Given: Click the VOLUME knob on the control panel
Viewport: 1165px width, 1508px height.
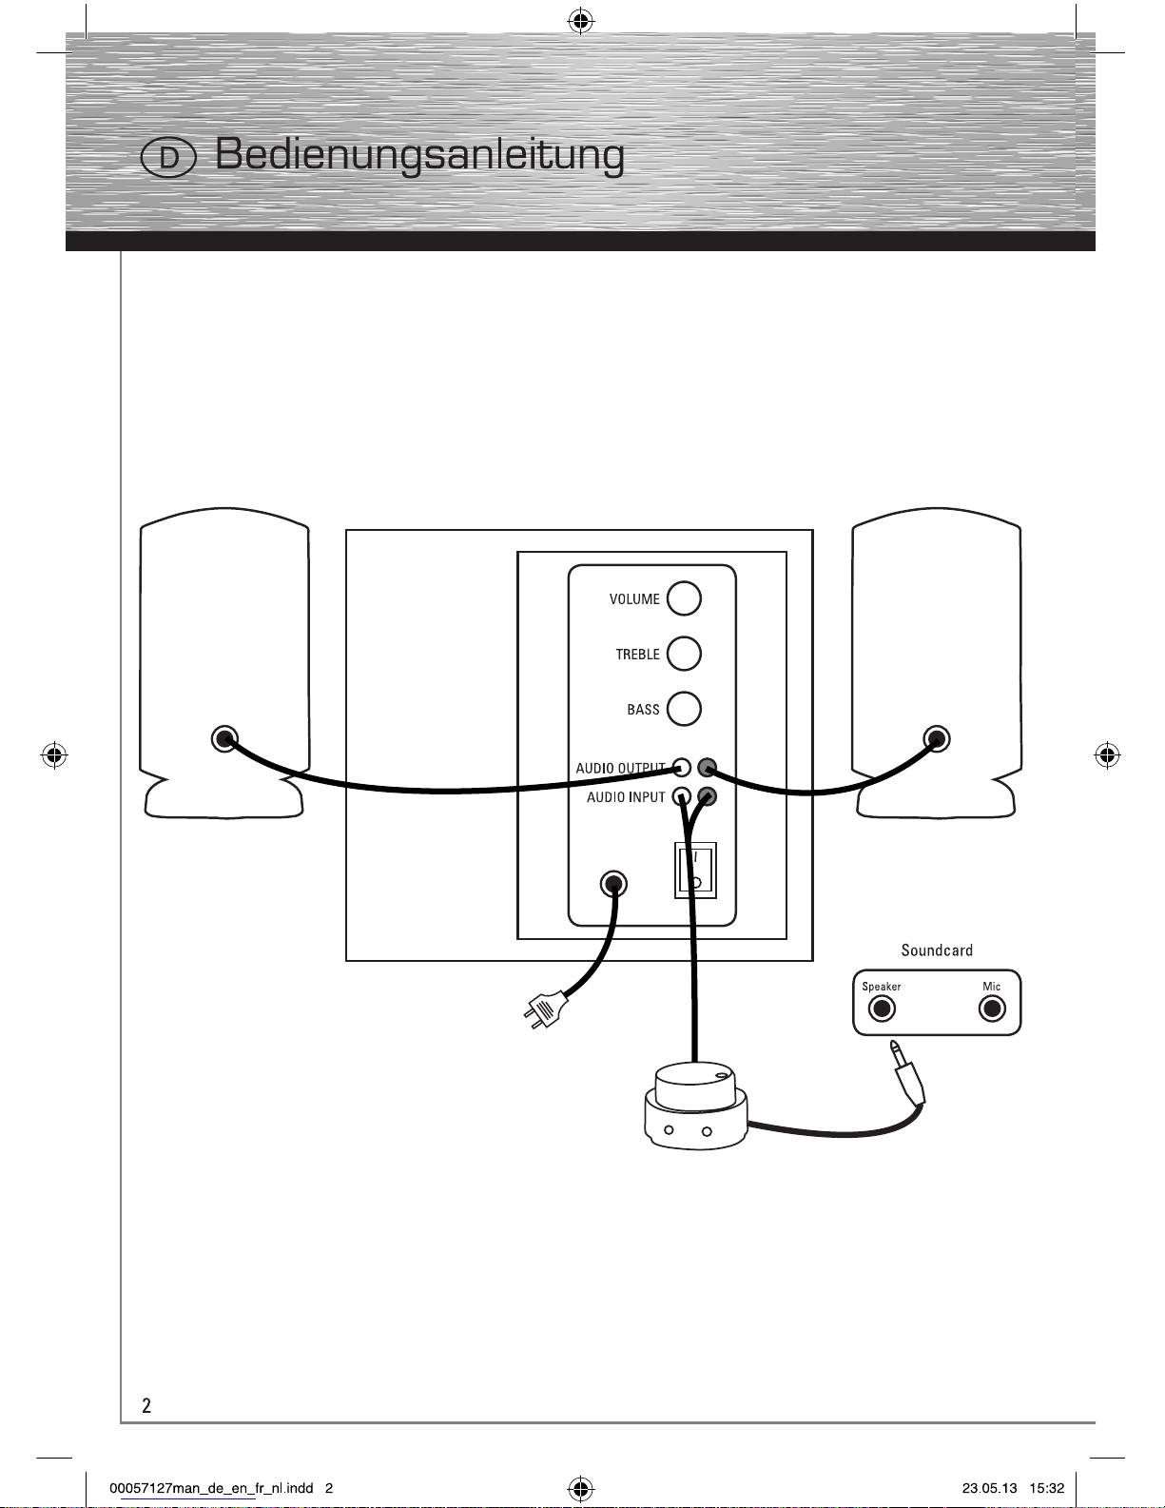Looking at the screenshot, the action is (x=684, y=598).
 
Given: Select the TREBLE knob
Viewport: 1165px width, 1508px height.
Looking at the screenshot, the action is (x=684, y=654).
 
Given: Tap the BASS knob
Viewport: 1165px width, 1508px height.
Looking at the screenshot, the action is (x=684, y=709).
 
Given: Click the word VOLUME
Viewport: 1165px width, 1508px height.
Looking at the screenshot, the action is (x=634, y=598).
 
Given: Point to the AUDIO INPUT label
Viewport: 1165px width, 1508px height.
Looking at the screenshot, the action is (x=626, y=797).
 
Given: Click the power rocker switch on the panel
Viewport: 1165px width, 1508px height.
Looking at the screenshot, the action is (x=695, y=871).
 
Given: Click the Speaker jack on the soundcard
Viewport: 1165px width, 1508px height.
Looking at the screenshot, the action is (x=882, y=1009).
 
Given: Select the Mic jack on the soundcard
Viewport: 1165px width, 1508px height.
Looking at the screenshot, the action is (x=992, y=1009).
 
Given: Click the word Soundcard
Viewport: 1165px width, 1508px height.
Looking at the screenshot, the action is (x=936, y=950).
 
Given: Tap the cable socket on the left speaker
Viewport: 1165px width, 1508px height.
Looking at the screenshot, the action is (x=224, y=738).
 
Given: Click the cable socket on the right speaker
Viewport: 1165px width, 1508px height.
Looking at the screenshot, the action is (x=936, y=738).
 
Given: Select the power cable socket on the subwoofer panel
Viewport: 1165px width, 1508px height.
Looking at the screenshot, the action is (x=613, y=884).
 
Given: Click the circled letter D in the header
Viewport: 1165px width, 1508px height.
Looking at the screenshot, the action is (x=168, y=158).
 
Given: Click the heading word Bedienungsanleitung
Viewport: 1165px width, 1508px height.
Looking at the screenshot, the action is (x=419, y=155).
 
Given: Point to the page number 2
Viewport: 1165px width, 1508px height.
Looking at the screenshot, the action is (x=146, y=1405).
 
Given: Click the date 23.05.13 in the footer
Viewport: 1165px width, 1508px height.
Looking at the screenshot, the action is (x=989, y=1488).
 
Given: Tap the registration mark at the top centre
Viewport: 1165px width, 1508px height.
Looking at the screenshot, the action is (x=581, y=22).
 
